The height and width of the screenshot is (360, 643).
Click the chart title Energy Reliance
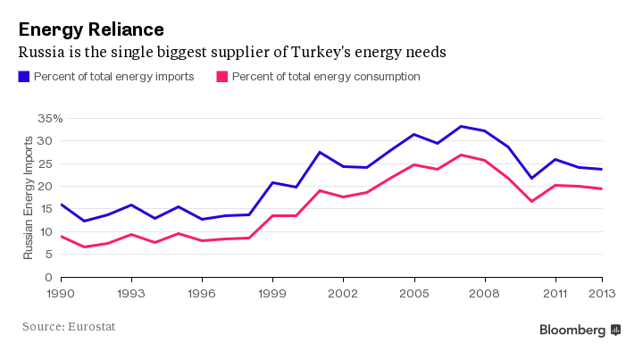click(x=86, y=29)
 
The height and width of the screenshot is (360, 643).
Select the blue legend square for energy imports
click(x=24, y=77)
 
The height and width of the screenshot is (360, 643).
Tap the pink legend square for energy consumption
click(x=222, y=77)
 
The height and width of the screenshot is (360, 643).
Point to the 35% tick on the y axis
click(x=49, y=118)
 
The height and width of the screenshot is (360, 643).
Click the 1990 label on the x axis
click(x=61, y=292)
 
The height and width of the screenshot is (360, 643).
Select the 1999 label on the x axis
click(x=272, y=292)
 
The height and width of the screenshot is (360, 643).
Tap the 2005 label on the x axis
click(x=413, y=292)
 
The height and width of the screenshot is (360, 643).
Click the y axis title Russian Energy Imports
click(x=28, y=197)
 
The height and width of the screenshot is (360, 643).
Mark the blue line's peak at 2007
click(x=461, y=126)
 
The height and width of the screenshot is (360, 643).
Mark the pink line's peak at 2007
click(x=461, y=155)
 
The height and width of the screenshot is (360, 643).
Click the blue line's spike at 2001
click(x=320, y=152)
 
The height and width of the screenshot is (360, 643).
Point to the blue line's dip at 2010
click(x=531, y=178)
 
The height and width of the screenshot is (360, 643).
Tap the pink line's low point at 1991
click(x=84, y=247)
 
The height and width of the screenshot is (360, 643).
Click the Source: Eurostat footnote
click(x=69, y=327)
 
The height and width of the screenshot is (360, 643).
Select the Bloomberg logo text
click(x=572, y=330)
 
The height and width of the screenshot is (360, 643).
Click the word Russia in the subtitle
click(x=43, y=53)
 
